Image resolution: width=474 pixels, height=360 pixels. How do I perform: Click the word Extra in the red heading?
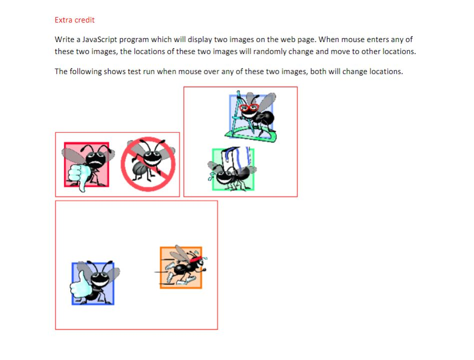63,20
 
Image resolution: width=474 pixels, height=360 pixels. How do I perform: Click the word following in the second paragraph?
83,71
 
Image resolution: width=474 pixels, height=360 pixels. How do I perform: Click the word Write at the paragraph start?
64,39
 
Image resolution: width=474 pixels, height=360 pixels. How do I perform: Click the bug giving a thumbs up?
95,282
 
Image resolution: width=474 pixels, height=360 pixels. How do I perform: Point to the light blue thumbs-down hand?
79,176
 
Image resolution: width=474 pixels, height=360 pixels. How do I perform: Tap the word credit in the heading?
84,20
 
